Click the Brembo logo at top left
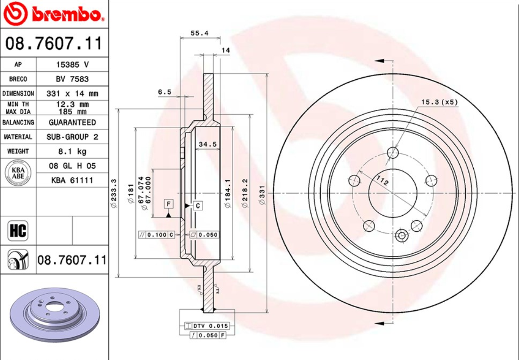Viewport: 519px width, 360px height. [54, 14]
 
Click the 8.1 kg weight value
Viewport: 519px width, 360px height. [72, 151]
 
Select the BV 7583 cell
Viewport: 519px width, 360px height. [72, 79]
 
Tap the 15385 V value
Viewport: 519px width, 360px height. [72, 64]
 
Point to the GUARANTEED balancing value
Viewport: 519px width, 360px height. [72, 122]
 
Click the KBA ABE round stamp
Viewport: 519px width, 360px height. [18, 173]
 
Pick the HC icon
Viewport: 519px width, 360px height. [18, 231]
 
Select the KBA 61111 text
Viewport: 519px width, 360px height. [72, 180]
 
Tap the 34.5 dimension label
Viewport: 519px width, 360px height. [208, 144]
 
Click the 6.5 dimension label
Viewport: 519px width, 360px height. [165, 92]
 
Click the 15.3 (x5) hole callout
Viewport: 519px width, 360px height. [439, 102]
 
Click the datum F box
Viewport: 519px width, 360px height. [169, 204]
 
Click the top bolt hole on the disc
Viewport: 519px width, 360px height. [393, 152]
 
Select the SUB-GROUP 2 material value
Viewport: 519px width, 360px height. [72, 137]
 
